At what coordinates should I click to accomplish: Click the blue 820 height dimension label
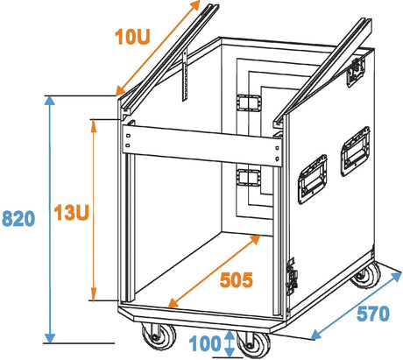coord(18,219)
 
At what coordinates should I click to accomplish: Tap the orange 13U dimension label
coord(71,212)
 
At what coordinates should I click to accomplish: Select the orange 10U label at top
coord(132,37)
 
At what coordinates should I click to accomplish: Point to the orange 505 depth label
coord(237,280)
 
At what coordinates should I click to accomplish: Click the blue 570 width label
coord(373,314)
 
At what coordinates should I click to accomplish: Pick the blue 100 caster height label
coord(205,343)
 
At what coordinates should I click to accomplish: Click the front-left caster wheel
coord(159,336)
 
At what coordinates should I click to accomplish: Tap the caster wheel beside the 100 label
coord(253,344)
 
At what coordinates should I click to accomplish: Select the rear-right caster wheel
coord(366,275)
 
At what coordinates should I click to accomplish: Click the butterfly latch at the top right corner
coord(356,73)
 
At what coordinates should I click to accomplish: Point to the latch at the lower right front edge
coord(292,277)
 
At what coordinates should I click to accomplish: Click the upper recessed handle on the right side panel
coord(355,152)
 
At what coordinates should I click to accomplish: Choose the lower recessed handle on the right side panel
coord(312,179)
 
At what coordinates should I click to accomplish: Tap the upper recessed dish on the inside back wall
coord(248,102)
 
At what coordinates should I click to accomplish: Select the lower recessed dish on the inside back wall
coord(248,178)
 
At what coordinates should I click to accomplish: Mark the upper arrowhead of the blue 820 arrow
coord(50,101)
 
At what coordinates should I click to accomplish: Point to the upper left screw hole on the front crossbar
coord(128,136)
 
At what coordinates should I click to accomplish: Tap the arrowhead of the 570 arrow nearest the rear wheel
coord(396,277)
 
